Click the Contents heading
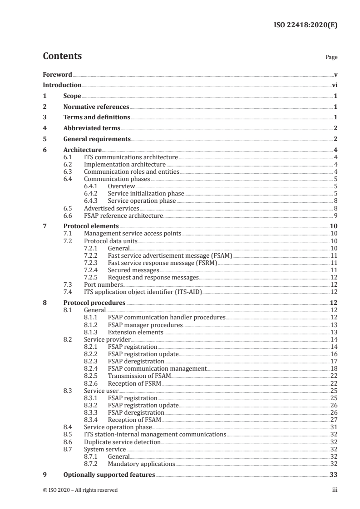(62, 57)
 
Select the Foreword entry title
(57, 74)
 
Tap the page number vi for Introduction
(334, 85)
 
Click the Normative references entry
(96, 107)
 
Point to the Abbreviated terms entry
(92, 128)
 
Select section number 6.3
(68, 171)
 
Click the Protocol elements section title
(91, 226)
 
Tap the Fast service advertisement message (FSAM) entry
(170, 256)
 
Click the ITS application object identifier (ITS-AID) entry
(143, 292)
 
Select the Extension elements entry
(135, 332)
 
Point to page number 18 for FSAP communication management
(334, 369)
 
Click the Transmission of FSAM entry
(139, 376)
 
